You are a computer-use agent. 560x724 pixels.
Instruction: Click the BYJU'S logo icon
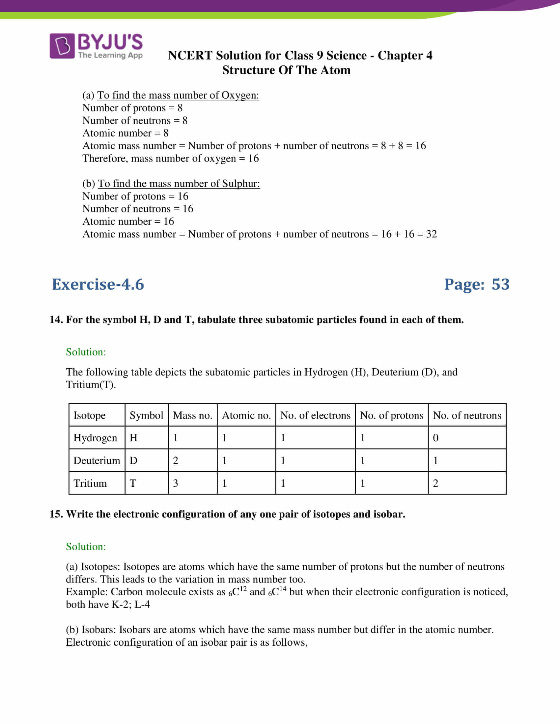coord(62,46)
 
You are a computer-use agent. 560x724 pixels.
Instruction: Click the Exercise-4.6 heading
coord(98,284)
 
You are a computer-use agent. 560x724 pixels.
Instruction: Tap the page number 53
coord(500,284)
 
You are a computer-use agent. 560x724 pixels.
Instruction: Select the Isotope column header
coord(89,415)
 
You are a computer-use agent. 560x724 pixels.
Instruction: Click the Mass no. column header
coord(192,415)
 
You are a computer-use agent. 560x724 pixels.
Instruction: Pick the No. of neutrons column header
coord(467,415)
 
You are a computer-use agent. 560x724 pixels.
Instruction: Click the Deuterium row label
coord(97,460)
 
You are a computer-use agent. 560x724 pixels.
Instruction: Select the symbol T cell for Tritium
coord(133,483)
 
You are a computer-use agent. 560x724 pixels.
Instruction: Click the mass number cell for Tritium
coord(176,483)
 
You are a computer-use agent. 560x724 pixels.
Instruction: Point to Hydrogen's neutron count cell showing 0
coord(435,438)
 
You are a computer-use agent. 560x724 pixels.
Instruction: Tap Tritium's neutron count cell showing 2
coord(435,483)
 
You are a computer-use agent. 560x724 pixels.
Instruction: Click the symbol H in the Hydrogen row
coord(133,438)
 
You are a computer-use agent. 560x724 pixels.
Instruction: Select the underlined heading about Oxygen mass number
coord(178,95)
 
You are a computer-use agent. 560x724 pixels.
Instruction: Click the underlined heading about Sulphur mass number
coord(179,184)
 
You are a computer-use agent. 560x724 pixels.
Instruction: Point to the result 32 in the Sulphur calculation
coord(431,234)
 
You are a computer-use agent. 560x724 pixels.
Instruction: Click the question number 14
coord(56,320)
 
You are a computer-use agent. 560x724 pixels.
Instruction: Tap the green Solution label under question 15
coord(86,547)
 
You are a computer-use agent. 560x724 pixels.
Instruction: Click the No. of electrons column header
coord(315,415)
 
